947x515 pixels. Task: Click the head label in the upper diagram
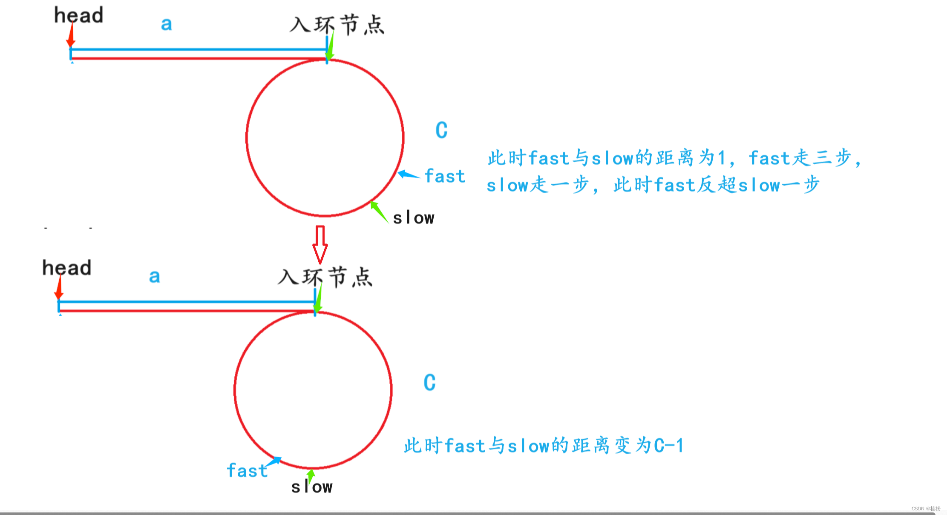(x=79, y=15)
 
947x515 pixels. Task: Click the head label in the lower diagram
(x=67, y=268)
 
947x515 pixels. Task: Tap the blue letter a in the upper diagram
(x=166, y=24)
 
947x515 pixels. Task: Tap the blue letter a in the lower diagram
(x=154, y=277)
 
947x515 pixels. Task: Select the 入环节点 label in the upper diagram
(x=337, y=25)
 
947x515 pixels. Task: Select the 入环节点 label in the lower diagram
(x=325, y=277)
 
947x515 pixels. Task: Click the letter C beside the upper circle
(x=441, y=130)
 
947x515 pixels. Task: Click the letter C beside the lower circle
(x=429, y=383)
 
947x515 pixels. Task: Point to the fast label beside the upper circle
(x=445, y=176)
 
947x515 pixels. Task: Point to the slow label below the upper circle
(x=413, y=218)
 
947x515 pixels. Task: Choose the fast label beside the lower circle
(x=247, y=471)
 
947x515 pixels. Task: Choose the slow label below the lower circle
(x=312, y=487)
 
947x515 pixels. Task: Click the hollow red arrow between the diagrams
(x=320, y=245)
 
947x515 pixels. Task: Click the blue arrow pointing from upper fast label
(x=408, y=175)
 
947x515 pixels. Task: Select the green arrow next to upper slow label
(x=379, y=211)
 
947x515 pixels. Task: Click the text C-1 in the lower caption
(x=669, y=446)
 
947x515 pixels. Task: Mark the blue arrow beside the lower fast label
(x=274, y=461)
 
